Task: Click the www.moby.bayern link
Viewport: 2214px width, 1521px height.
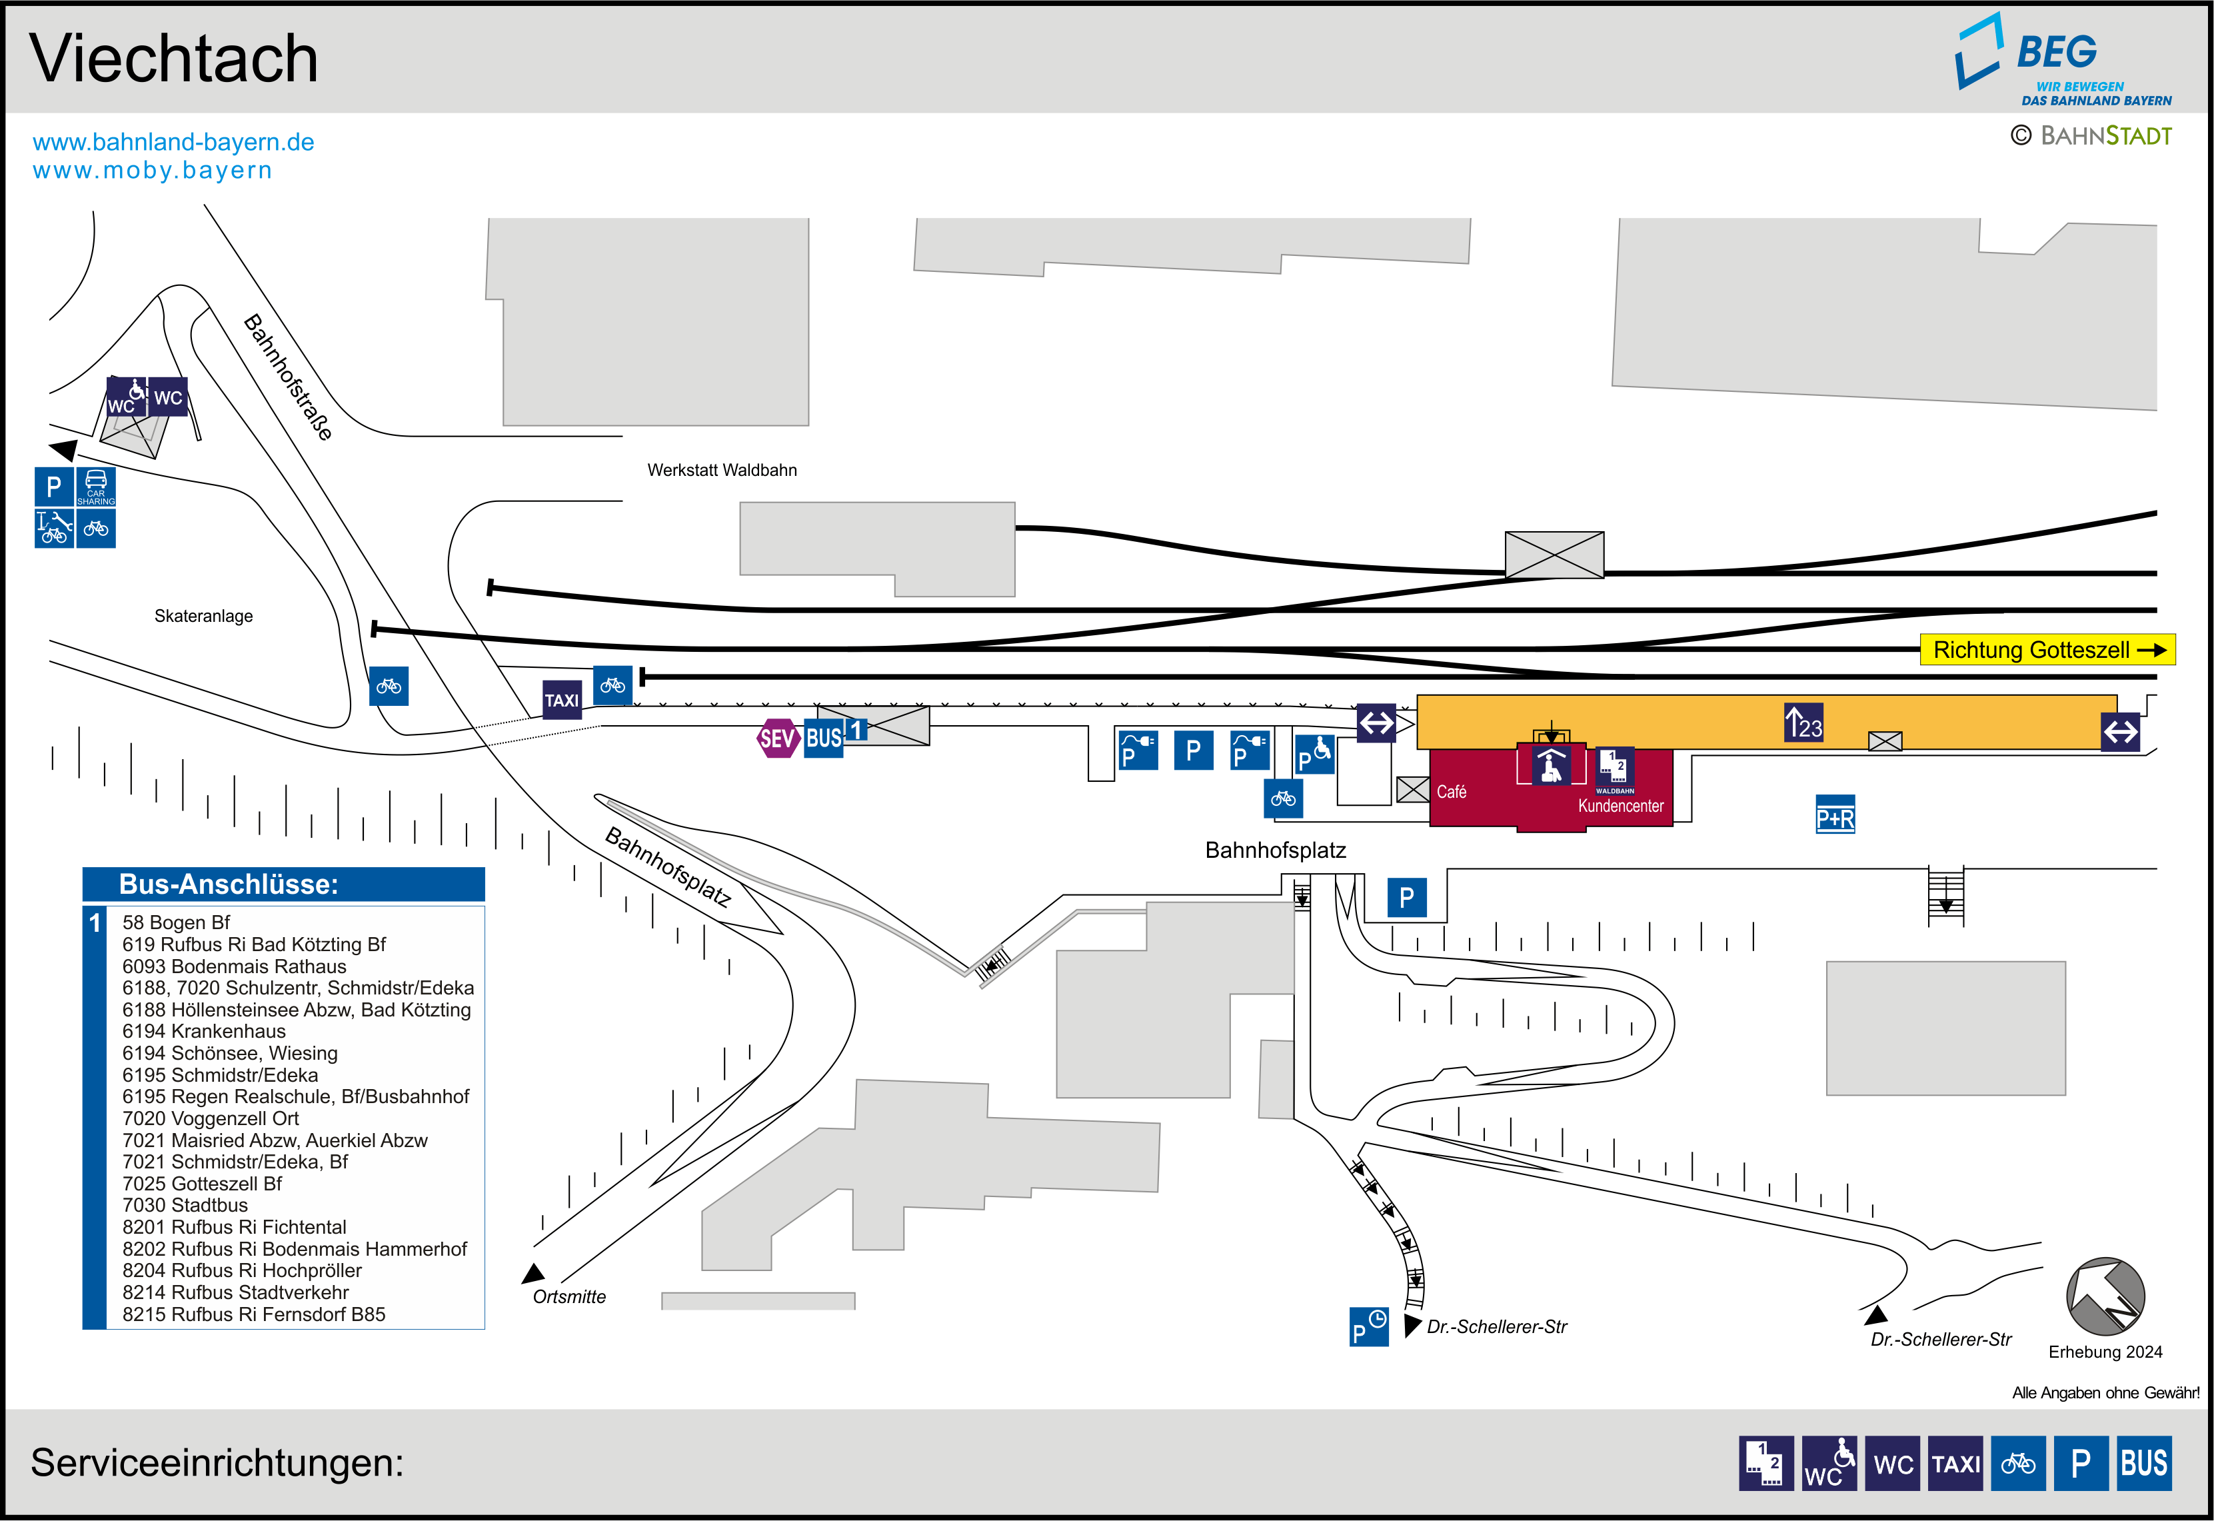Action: click(153, 171)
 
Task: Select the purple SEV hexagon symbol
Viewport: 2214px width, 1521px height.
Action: click(777, 738)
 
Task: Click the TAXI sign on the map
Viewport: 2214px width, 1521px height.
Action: click(562, 699)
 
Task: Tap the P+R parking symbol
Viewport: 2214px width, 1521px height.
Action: click(1835, 814)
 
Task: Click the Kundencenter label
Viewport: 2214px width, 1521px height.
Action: click(1620, 806)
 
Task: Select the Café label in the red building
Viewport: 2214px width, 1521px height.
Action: click(1451, 792)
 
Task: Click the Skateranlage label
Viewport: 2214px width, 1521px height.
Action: click(204, 616)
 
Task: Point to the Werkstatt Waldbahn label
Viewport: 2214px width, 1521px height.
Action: click(722, 470)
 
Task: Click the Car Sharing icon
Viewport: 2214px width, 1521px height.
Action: click(96, 486)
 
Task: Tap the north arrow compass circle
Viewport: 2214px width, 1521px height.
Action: click(2105, 1296)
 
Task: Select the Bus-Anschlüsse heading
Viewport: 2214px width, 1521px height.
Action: click(229, 884)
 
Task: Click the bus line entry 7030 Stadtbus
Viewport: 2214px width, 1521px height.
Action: click(185, 1206)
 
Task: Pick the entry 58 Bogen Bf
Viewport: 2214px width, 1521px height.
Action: click(176, 922)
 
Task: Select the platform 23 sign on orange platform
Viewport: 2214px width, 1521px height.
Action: click(1803, 723)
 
